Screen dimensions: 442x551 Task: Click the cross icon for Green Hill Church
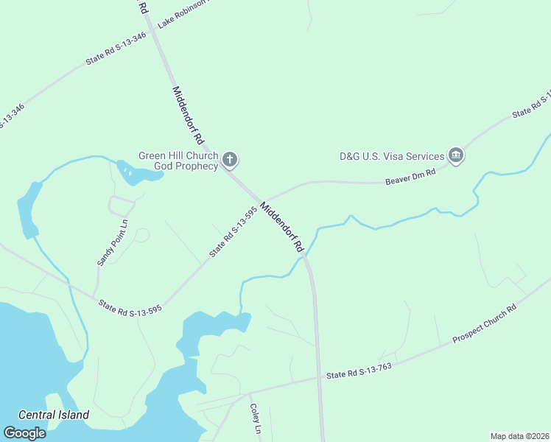(230, 159)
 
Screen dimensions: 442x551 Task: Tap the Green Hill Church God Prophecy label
(179, 161)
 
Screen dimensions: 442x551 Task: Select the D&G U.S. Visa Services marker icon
(456, 155)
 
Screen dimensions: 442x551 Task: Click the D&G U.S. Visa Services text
(392, 156)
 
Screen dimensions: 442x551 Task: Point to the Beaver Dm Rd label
(411, 176)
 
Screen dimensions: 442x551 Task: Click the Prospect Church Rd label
(485, 325)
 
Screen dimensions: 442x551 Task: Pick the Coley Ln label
(255, 418)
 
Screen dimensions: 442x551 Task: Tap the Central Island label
(54, 415)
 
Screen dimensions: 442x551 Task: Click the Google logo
(24, 432)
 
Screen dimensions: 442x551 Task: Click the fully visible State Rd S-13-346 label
(116, 49)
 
